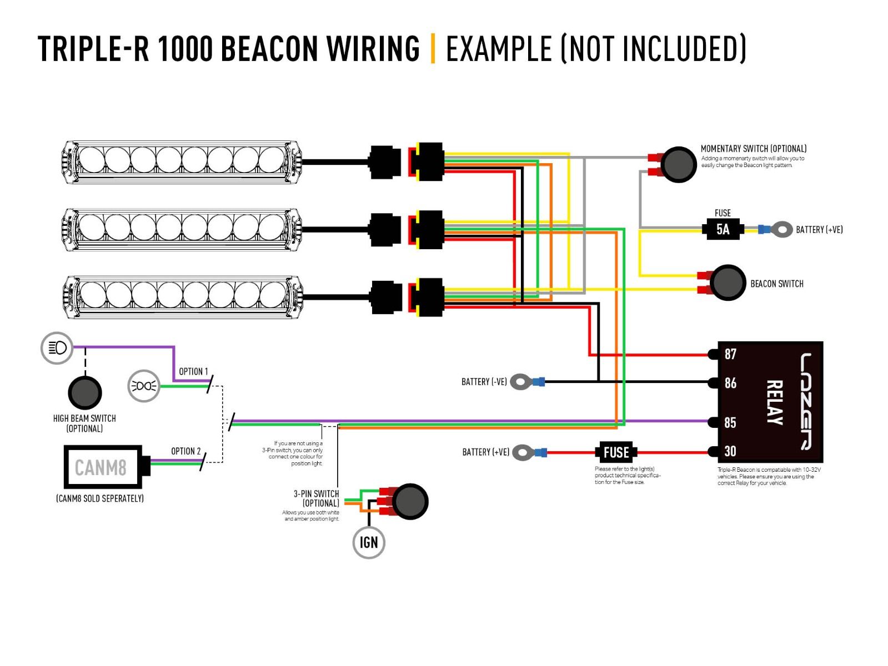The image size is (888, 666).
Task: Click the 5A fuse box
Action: coord(723,229)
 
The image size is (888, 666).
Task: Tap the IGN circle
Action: coord(369,542)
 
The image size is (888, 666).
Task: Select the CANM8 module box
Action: coord(103,467)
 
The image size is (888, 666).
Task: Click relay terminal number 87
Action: coord(730,354)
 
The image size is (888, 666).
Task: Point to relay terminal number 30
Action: coord(730,451)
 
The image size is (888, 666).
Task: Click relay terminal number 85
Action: coord(730,422)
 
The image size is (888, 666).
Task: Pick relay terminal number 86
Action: coord(730,383)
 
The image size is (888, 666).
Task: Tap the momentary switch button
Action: coord(679,164)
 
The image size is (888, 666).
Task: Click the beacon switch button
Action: coord(728,283)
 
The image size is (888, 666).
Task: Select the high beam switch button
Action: coord(85,392)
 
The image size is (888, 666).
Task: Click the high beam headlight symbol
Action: coord(57,348)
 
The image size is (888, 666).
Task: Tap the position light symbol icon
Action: coord(144,386)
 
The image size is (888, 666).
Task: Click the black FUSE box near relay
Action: coord(616,452)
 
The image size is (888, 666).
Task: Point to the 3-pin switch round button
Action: coord(410,501)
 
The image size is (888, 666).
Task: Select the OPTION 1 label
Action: coord(193,371)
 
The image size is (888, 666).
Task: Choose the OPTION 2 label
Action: coord(186,451)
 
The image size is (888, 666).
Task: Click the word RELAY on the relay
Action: coord(774,402)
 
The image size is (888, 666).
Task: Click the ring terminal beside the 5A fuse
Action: coord(782,229)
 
